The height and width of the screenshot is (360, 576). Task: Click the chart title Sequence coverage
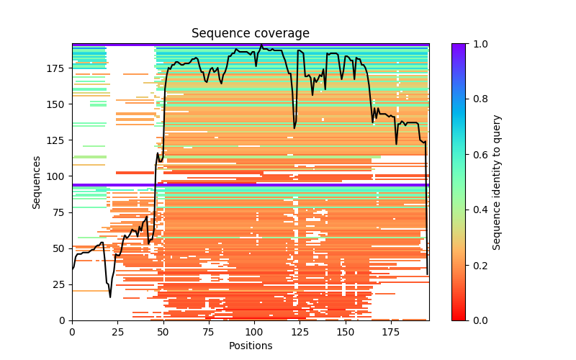[x=250, y=34]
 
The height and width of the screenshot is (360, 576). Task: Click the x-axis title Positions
[x=250, y=346]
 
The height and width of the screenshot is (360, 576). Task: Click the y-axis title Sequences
[x=37, y=182]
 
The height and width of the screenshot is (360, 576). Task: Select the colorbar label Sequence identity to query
[x=497, y=182]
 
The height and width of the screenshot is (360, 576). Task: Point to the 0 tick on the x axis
[x=72, y=331]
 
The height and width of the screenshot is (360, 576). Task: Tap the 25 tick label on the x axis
[x=117, y=331]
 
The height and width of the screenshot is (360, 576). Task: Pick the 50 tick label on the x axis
[x=163, y=331]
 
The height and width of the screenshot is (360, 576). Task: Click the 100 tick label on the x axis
[x=254, y=331]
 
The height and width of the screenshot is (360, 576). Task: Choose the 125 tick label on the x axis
[x=300, y=331]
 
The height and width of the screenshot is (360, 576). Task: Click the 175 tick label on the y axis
[x=57, y=68]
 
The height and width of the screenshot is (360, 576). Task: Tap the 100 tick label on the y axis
[x=57, y=176]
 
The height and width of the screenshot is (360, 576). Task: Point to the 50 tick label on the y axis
[x=60, y=248]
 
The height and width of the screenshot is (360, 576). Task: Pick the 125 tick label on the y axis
[x=57, y=140]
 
